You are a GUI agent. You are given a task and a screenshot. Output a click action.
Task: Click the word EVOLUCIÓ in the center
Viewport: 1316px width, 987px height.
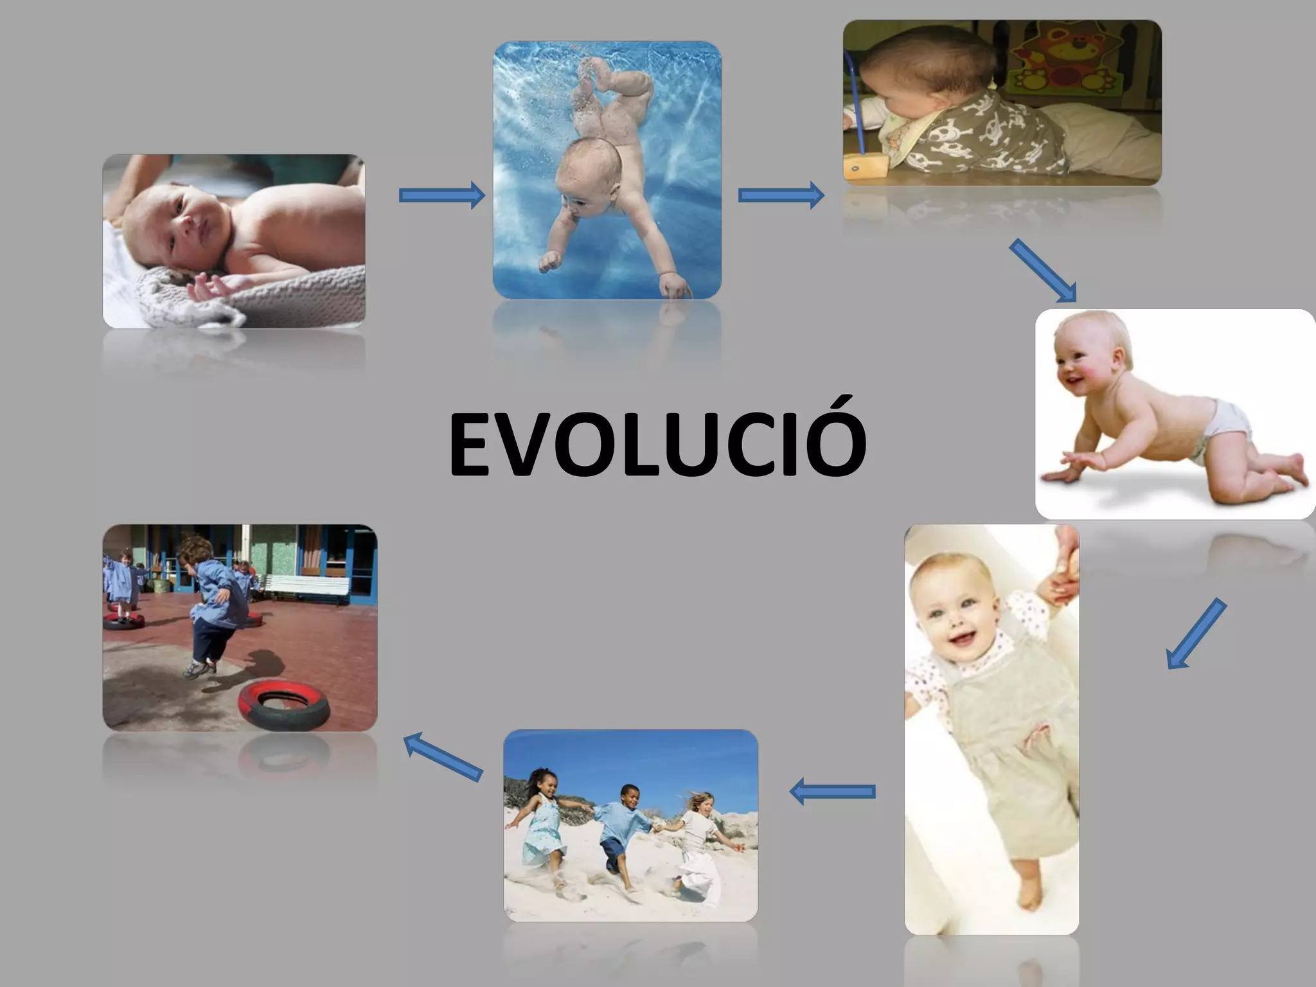(x=657, y=445)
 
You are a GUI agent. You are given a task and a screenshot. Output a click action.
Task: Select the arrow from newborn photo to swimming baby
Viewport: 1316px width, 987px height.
(x=441, y=195)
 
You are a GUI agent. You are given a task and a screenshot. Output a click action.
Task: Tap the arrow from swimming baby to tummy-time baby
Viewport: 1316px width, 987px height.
(x=781, y=195)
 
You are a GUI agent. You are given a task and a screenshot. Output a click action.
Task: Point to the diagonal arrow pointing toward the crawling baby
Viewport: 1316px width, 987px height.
(x=1042, y=270)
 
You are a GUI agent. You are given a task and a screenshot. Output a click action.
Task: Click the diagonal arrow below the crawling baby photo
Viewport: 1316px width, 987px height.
(x=1196, y=634)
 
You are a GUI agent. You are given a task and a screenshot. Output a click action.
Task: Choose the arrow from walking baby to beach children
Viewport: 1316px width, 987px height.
(x=832, y=792)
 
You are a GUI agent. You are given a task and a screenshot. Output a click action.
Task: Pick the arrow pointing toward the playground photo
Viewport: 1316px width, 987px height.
(x=443, y=757)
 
